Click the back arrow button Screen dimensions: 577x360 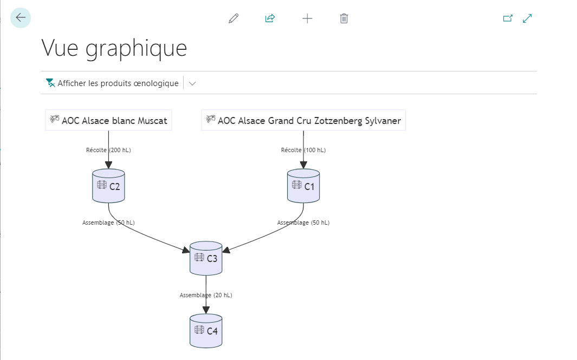(x=21, y=18)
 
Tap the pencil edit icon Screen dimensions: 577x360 (x=234, y=18)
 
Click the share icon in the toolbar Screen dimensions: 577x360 (x=270, y=18)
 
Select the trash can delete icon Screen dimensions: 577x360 (x=344, y=18)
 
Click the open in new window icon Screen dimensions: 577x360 (x=508, y=18)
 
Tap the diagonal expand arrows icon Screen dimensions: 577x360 (x=527, y=18)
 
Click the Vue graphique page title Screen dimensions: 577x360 (x=114, y=49)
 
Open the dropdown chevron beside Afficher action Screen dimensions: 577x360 (x=192, y=83)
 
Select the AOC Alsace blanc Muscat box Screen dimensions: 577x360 (x=108, y=120)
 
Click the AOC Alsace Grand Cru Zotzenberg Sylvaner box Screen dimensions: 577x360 (x=303, y=120)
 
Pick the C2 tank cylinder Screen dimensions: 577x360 (x=108, y=186)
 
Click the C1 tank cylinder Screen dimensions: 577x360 (x=303, y=186)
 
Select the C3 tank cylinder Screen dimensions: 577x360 (x=206, y=258)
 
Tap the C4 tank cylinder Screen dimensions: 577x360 (x=206, y=331)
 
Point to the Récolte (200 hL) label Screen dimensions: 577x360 (x=108, y=150)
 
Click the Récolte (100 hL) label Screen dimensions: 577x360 (x=303, y=150)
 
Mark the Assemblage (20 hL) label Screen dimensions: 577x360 (x=206, y=295)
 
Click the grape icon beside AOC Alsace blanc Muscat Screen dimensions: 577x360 (x=55, y=119)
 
